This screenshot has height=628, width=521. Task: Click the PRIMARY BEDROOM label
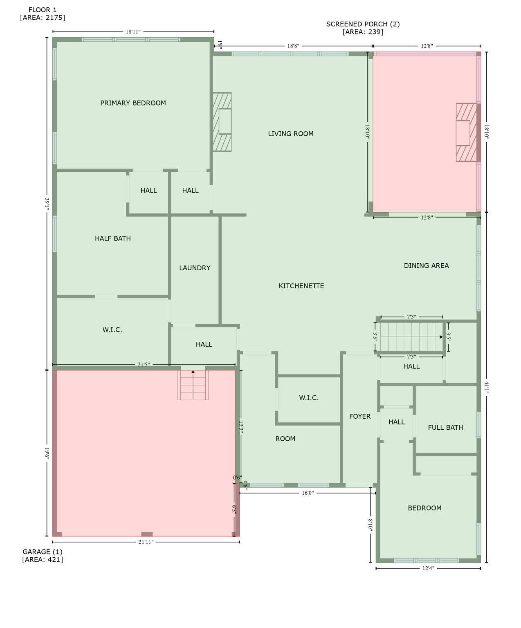(x=133, y=103)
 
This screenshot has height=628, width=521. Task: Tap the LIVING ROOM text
(x=290, y=134)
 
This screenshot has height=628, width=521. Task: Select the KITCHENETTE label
(x=301, y=286)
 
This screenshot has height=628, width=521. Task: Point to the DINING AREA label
(x=426, y=266)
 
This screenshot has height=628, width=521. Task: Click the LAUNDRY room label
(x=195, y=268)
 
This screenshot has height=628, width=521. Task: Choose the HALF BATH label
(x=112, y=238)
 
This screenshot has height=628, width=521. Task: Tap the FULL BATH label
(x=445, y=427)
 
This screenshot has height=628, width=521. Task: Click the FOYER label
(x=360, y=416)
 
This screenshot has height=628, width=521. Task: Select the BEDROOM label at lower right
(x=424, y=508)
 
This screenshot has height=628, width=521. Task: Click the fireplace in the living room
(x=222, y=122)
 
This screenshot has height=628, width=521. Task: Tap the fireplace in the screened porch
(x=466, y=132)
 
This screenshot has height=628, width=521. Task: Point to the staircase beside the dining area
(x=411, y=337)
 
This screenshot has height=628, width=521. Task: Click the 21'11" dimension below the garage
(x=146, y=542)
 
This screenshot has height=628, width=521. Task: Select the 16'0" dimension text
(x=308, y=493)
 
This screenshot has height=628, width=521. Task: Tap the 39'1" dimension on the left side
(x=47, y=204)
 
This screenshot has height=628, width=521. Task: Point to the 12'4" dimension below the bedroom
(x=428, y=568)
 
